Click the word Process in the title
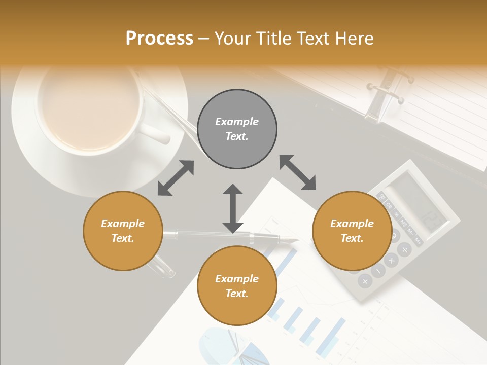[x=159, y=39]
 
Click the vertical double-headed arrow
[x=233, y=208]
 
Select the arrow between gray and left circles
[x=176, y=178]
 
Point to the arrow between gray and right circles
[x=297, y=173]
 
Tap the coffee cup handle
[x=155, y=133]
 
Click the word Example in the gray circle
[x=237, y=122]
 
